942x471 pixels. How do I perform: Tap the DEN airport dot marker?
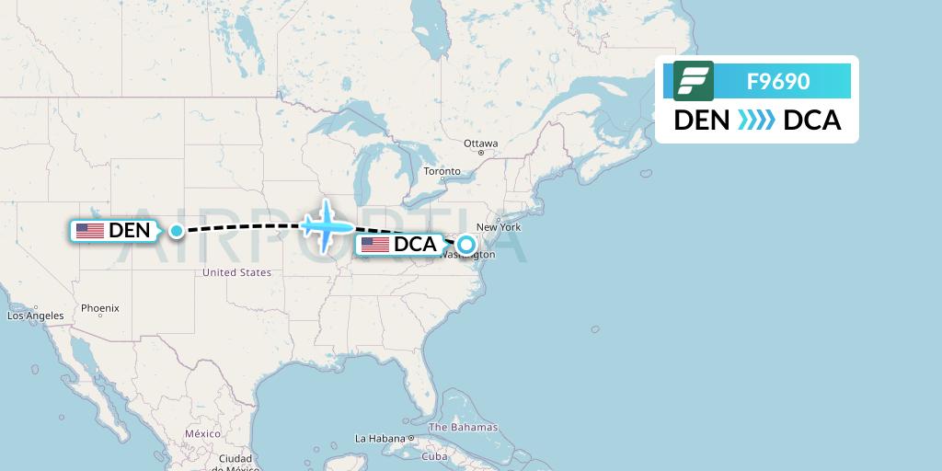coord(176,231)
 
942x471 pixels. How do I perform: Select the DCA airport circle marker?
coord(466,245)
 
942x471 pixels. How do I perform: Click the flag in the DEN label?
coord(90,231)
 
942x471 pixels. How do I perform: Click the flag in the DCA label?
coord(375,245)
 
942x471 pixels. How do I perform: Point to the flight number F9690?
coord(778,81)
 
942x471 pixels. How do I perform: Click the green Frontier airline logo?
coord(694,81)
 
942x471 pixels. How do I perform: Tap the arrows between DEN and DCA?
coord(756,121)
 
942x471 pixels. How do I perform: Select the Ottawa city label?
coord(480,144)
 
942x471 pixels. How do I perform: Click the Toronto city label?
coord(442,171)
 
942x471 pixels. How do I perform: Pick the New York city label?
coord(499,227)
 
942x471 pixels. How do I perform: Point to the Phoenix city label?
coord(99,308)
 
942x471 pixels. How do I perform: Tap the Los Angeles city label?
coord(36,316)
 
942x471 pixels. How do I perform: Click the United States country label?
coord(236,272)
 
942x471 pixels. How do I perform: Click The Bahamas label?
coord(463,427)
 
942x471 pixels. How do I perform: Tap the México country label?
coord(202,433)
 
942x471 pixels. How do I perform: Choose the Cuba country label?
coord(434,456)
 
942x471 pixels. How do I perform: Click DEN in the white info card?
coord(702,121)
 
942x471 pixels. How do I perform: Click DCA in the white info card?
coord(812,121)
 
